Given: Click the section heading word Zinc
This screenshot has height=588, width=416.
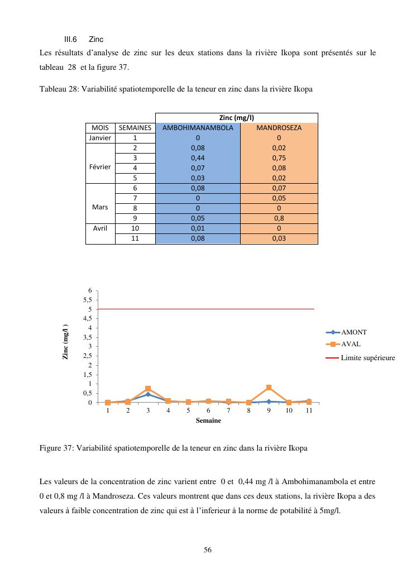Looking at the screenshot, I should coord(96,40).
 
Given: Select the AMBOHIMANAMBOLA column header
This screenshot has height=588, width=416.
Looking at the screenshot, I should coord(198,128).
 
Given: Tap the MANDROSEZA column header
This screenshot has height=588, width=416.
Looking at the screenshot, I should coord(279,128).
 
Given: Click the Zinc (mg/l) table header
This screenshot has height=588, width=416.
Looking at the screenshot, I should coord(237,118).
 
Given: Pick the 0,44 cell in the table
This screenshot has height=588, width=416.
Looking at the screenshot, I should coord(198,158).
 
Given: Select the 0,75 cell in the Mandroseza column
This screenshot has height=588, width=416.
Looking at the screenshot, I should coord(279,158).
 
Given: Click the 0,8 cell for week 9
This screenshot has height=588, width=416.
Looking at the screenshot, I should coord(279,218).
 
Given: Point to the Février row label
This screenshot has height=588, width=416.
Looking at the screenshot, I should coord(100,168).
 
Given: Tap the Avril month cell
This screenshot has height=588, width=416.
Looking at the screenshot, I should coord(100,228).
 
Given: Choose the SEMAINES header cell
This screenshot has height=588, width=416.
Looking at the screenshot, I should coord(135,128).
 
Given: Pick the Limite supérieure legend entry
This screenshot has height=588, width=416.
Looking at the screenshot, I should coord(367,358).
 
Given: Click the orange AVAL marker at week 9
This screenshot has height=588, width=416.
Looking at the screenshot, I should coord(269,388).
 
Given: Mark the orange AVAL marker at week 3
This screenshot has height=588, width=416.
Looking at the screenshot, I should coord(148,389).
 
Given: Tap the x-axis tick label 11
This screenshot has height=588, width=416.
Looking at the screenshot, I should coord(309,410).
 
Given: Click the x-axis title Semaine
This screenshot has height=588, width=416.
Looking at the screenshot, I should coord(208,420).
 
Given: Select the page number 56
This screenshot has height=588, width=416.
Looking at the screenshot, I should coord(208,550).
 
